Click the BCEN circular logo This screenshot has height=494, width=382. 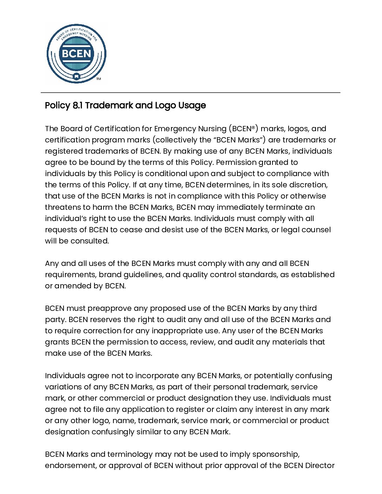[x=76, y=54]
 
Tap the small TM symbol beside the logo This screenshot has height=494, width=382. [x=99, y=79]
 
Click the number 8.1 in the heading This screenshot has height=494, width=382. [x=77, y=105]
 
